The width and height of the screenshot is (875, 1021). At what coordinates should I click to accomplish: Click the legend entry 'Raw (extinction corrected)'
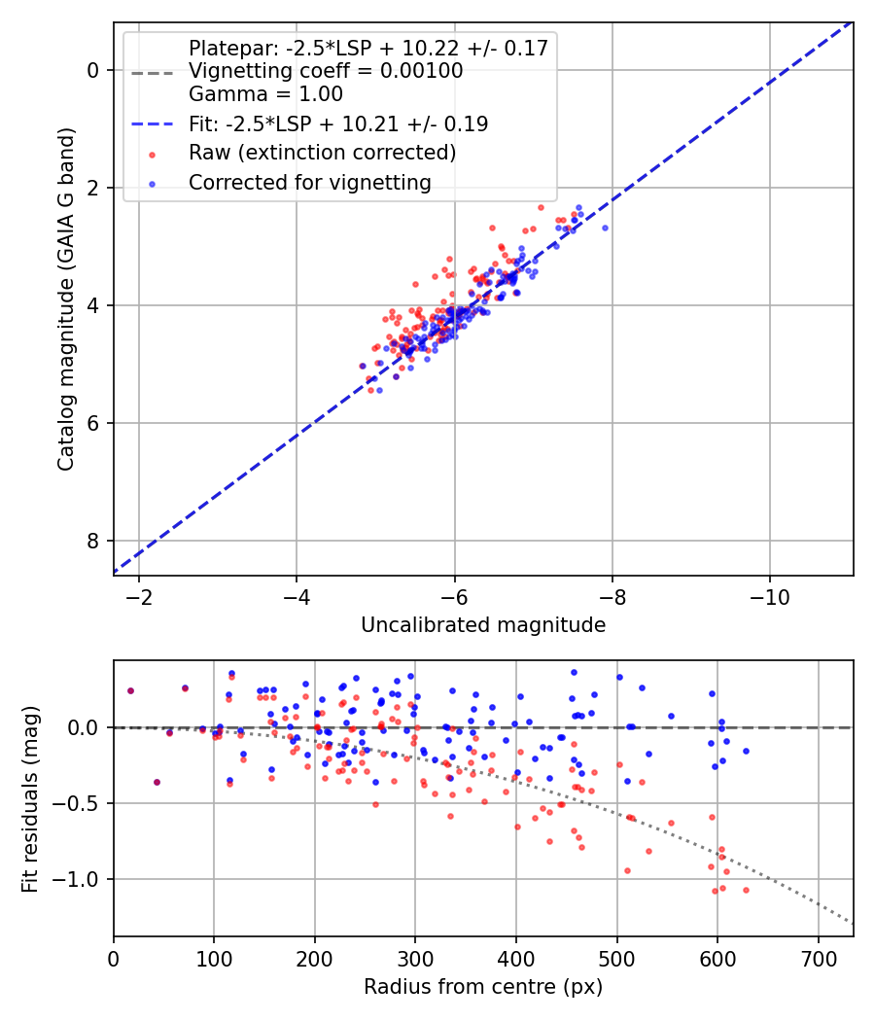coord(322,153)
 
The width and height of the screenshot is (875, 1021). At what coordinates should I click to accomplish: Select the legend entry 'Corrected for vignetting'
coord(309,182)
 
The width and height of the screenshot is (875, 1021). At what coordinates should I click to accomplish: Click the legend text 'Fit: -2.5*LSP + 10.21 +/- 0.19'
coord(338,123)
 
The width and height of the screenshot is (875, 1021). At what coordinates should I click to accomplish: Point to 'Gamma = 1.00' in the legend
coord(265,94)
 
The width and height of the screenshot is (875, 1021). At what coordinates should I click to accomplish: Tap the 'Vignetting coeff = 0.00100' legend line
coord(326,71)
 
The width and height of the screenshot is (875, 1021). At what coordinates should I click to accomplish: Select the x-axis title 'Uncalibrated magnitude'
coord(483,625)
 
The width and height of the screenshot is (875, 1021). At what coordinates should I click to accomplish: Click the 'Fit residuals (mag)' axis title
coord(30,798)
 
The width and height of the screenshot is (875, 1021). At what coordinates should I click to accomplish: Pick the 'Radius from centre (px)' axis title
coord(483,987)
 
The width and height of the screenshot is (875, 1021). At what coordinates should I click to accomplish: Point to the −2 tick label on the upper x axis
coord(138,595)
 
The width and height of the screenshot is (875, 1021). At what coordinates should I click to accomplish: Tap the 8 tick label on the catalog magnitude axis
coord(93,541)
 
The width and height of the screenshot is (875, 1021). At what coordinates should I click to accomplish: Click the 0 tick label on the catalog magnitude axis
coord(93,70)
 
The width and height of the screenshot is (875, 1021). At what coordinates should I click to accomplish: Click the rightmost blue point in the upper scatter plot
coord(605,228)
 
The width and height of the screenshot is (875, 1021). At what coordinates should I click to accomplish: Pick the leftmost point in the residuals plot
coord(130,690)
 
